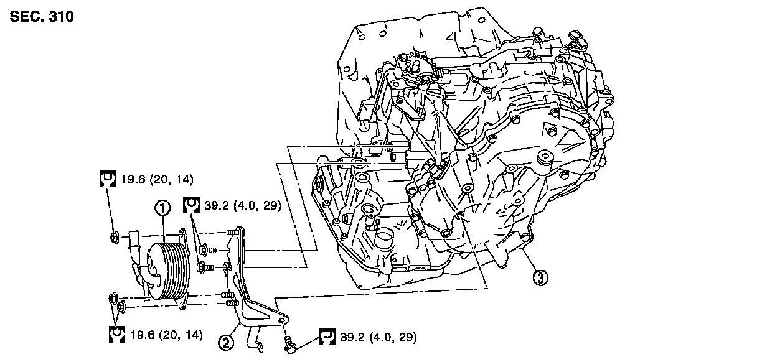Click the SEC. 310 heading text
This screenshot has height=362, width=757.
point(42,17)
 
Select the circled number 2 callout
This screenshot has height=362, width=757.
point(225,340)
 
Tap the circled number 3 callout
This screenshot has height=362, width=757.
point(541,278)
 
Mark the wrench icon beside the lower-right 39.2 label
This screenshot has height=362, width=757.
point(328,337)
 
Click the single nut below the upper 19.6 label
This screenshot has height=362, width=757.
point(115,236)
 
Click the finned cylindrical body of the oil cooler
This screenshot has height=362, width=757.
point(169,271)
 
